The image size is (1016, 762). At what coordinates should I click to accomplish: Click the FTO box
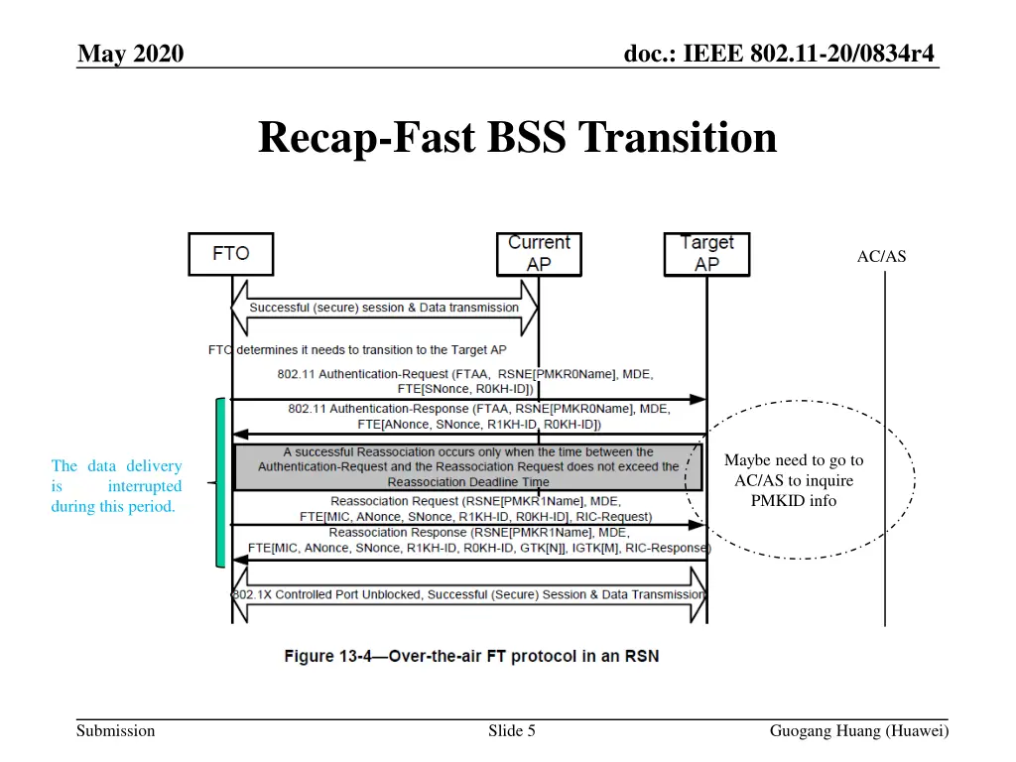[x=231, y=254]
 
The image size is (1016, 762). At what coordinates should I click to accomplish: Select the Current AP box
[x=539, y=254]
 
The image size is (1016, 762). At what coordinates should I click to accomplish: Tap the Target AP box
[x=706, y=254]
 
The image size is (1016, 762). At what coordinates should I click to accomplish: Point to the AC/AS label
[x=881, y=257]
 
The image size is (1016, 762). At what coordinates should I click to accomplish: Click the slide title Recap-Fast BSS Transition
[x=517, y=138]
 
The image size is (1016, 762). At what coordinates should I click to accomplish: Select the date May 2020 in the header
[x=131, y=54]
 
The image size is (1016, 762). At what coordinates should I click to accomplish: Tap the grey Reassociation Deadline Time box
[x=468, y=466]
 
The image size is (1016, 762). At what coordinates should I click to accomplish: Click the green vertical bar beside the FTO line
[x=220, y=482]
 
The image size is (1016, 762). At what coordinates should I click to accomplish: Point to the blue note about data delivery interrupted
[x=116, y=486]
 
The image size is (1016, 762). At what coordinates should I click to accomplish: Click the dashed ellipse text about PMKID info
[x=794, y=480]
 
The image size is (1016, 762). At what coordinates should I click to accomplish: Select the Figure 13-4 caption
[x=471, y=656]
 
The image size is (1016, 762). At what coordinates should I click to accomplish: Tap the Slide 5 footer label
[x=512, y=731]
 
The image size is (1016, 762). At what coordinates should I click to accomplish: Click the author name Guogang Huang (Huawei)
[x=859, y=731]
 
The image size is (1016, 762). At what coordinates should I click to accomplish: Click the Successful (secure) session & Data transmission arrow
[x=384, y=308]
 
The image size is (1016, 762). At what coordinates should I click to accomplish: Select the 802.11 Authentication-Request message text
[x=464, y=381]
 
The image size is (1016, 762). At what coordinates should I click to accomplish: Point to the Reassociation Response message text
[x=478, y=540]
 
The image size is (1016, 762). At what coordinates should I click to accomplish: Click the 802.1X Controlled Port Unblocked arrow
[x=468, y=594]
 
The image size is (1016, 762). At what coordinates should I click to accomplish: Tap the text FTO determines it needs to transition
[x=357, y=349]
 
